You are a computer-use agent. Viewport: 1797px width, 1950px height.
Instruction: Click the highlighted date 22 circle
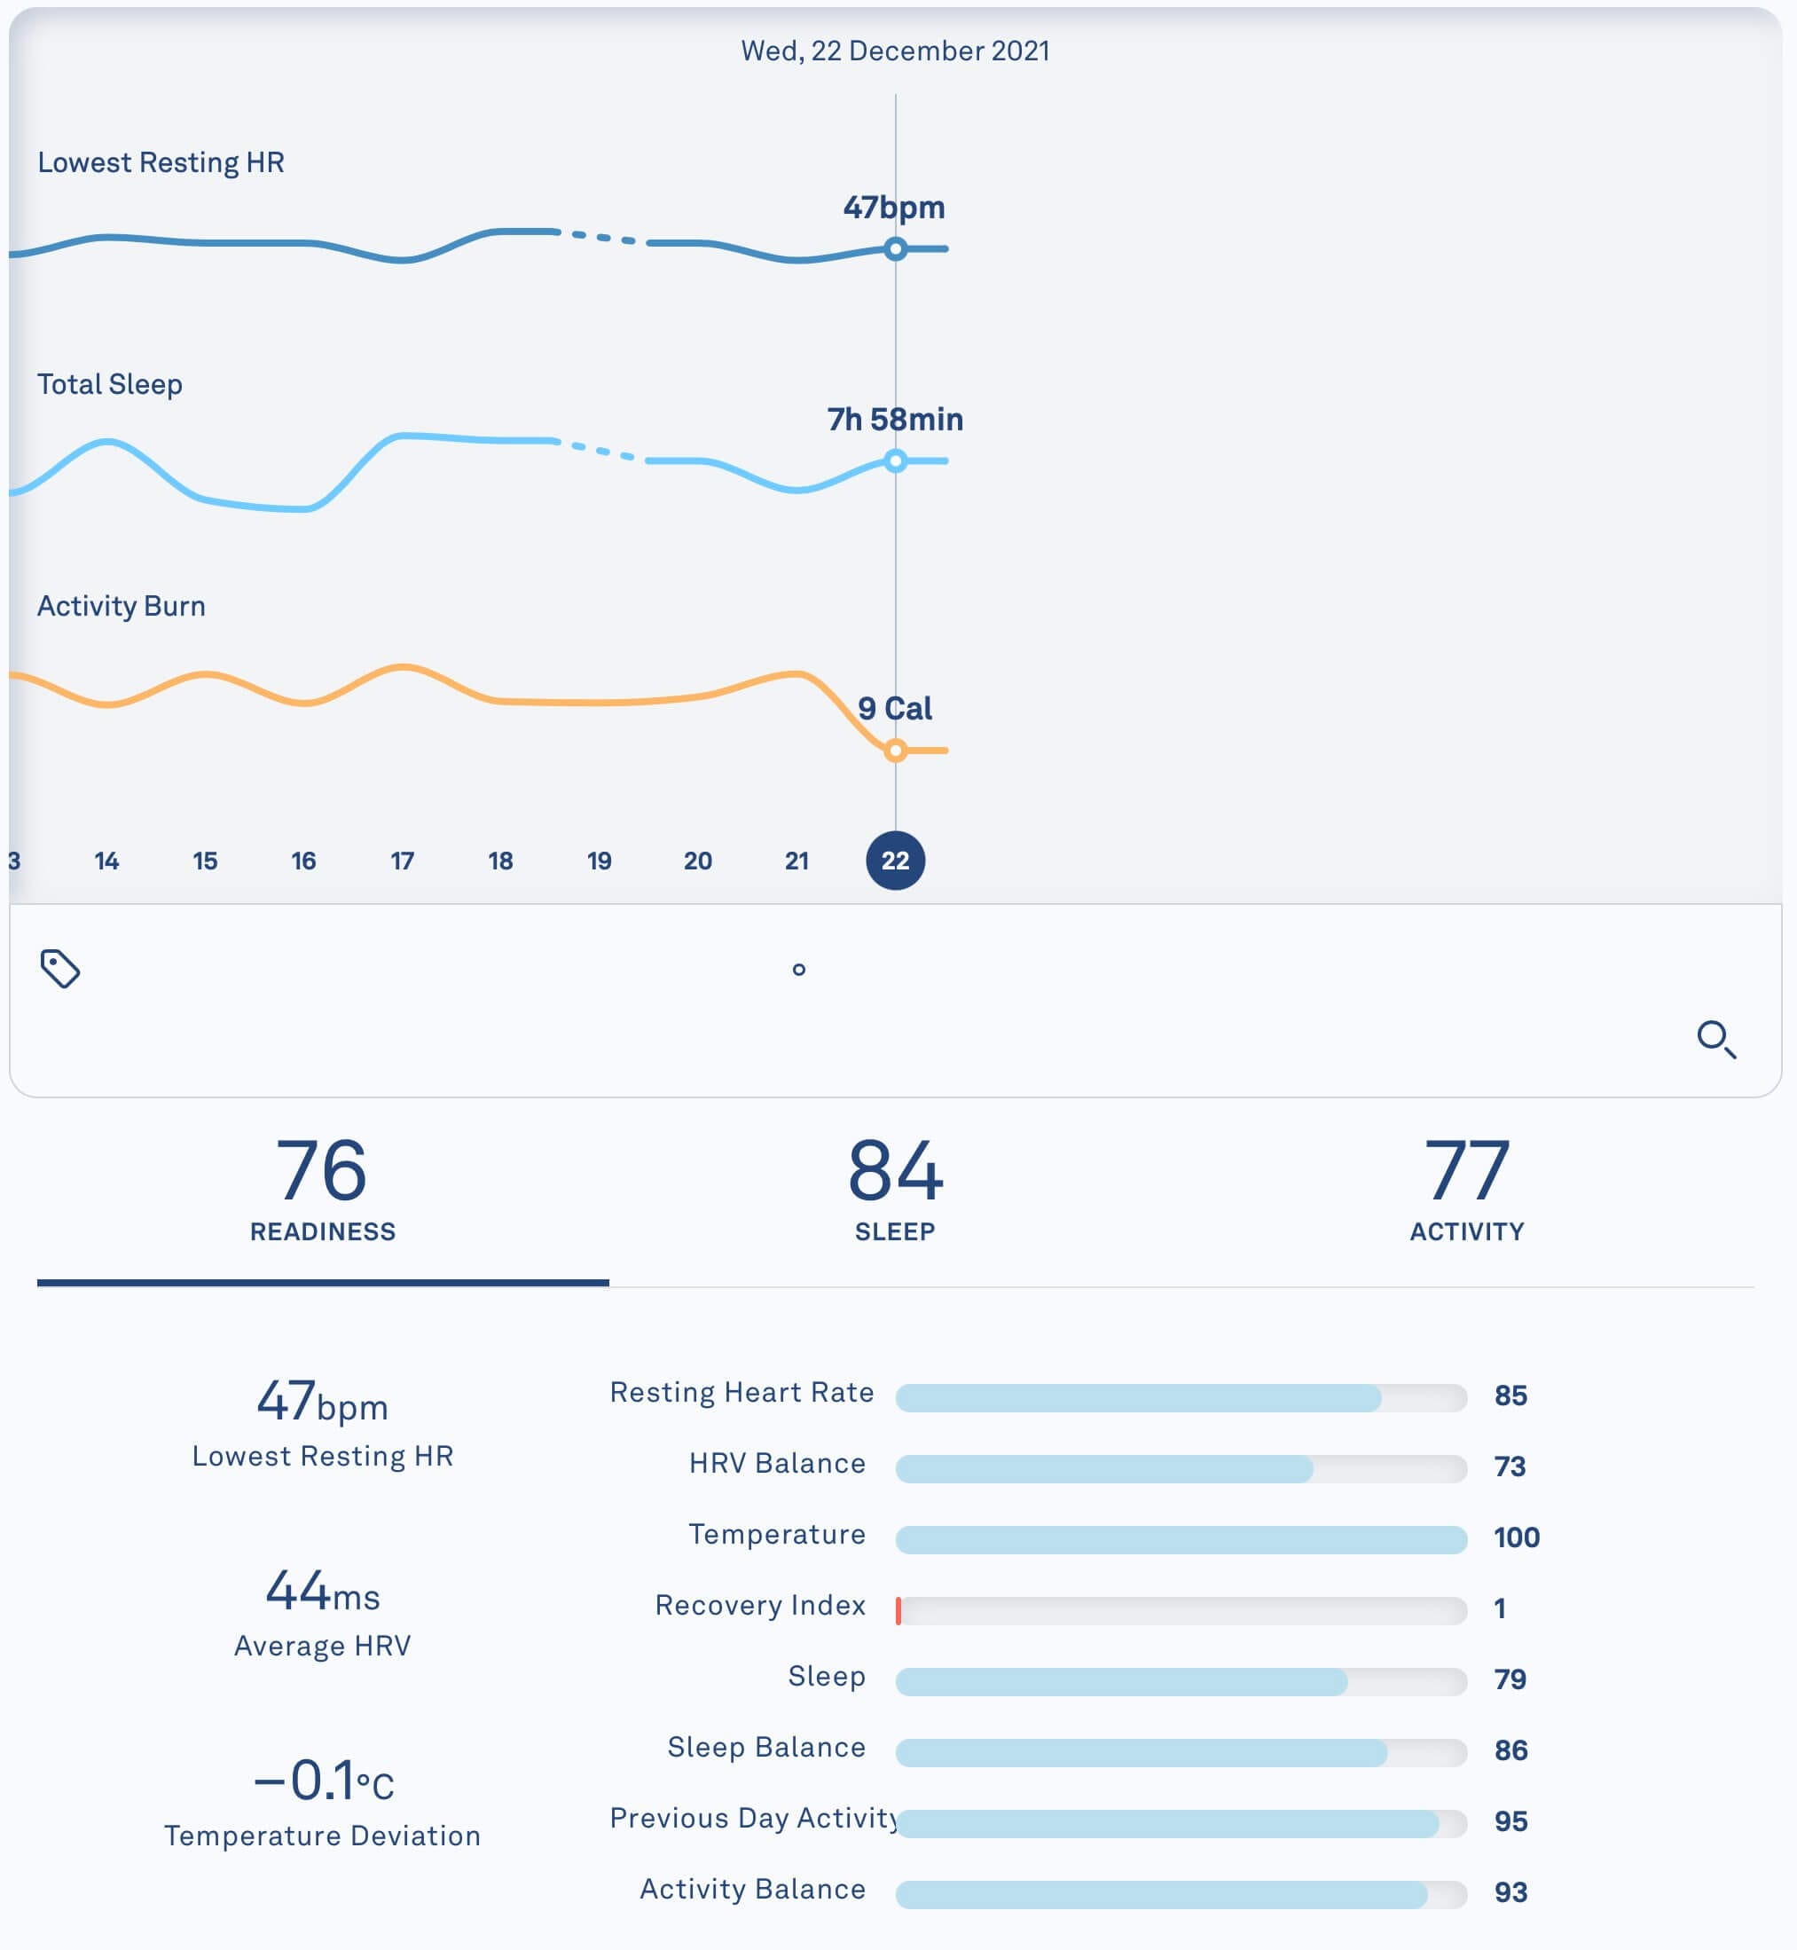point(895,861)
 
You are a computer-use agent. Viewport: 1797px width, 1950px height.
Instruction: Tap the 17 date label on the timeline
point(402,861)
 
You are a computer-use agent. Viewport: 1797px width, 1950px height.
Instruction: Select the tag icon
point(60,969)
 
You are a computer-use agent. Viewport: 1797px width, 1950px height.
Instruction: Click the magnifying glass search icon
point(1715,1039)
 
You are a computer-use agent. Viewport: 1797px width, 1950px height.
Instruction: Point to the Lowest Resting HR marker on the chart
point(895,249)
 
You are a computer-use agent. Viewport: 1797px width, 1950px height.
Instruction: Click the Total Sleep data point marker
point(895,461)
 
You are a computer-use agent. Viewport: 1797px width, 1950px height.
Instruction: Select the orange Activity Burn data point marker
point(895,750)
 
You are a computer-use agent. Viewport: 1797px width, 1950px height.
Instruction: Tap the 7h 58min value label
point(895,419)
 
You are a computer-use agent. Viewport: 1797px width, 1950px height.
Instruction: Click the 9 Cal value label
point(895,708)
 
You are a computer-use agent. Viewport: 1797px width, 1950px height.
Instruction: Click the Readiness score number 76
point(322,1171)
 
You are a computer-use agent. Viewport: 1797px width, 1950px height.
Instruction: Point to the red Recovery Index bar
point(898,1610)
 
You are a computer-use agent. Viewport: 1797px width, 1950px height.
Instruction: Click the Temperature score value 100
point(1516,1537)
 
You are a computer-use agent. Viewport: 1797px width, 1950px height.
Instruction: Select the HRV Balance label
point(777,1464)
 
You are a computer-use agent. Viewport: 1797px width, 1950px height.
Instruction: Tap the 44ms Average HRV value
point(322,1592)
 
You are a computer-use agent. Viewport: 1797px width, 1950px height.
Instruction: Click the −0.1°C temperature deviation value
point(322,1781)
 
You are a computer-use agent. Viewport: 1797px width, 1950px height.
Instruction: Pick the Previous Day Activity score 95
point(1511,1821)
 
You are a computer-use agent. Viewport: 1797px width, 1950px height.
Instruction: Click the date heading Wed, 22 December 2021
point(895,51)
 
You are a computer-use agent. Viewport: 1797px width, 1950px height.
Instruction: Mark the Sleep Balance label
point(766,1748)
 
